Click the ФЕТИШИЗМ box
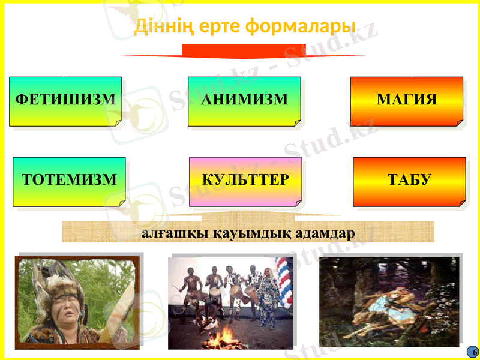[x=65, y=101]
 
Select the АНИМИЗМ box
[x=244, y=101]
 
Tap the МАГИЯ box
[x=406, y=101]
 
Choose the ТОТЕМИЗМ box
[x=69, y=181]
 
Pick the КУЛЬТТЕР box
[x=245, y=181]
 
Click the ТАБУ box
[x=409, y=181]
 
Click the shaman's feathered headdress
[x=51, y=282]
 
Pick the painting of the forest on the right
[x=389, y=300]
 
